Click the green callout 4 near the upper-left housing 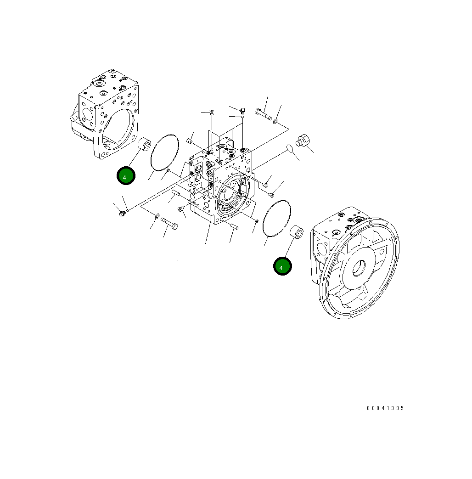(x=125, y=176)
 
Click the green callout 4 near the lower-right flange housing (x=282, y=266)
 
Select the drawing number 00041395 (x=385, y=408)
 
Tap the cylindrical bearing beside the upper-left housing (x=145, y=145)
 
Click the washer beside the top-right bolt (x=275, y=122)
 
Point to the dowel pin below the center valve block (x=232, y=225)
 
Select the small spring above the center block (x=212, y=112)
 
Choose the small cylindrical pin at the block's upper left (x=189, y=141)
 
